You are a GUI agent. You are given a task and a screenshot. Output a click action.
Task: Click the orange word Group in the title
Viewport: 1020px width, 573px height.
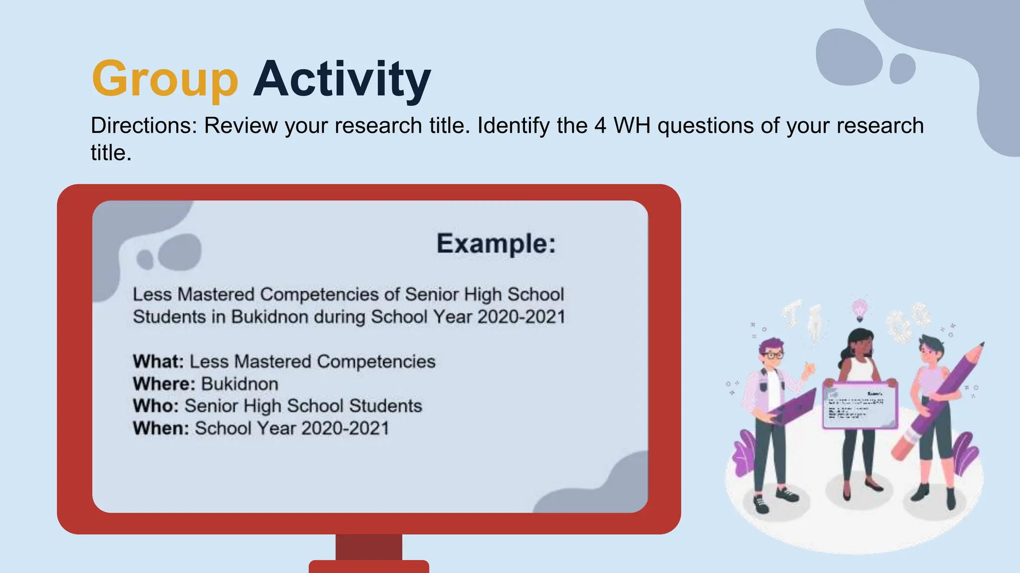[165, 80]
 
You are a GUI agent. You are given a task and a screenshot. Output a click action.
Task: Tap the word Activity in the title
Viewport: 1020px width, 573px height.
[342, 80]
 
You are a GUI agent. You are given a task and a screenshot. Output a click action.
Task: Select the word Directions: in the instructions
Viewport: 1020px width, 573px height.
[144, 125]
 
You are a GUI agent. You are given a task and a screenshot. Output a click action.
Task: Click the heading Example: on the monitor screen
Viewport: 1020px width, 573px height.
[496, 244]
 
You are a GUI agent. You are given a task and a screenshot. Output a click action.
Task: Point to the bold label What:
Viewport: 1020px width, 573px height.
[158, 362]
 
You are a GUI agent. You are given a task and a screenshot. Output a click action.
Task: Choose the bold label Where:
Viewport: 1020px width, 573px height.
[164, 384]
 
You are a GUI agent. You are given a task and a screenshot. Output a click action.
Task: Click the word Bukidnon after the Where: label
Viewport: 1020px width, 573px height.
[240, 384]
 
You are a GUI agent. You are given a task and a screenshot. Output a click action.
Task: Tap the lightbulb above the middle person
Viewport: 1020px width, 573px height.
[860, 309]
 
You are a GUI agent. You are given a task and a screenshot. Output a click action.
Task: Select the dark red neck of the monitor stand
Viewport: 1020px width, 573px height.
[369, 547]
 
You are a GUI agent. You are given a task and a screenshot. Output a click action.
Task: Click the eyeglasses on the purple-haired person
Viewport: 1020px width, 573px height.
[773, 355]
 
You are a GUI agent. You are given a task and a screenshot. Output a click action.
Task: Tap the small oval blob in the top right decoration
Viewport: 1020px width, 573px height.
[902, 69]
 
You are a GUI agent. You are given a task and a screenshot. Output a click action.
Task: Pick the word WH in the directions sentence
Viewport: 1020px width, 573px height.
[632, 125]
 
